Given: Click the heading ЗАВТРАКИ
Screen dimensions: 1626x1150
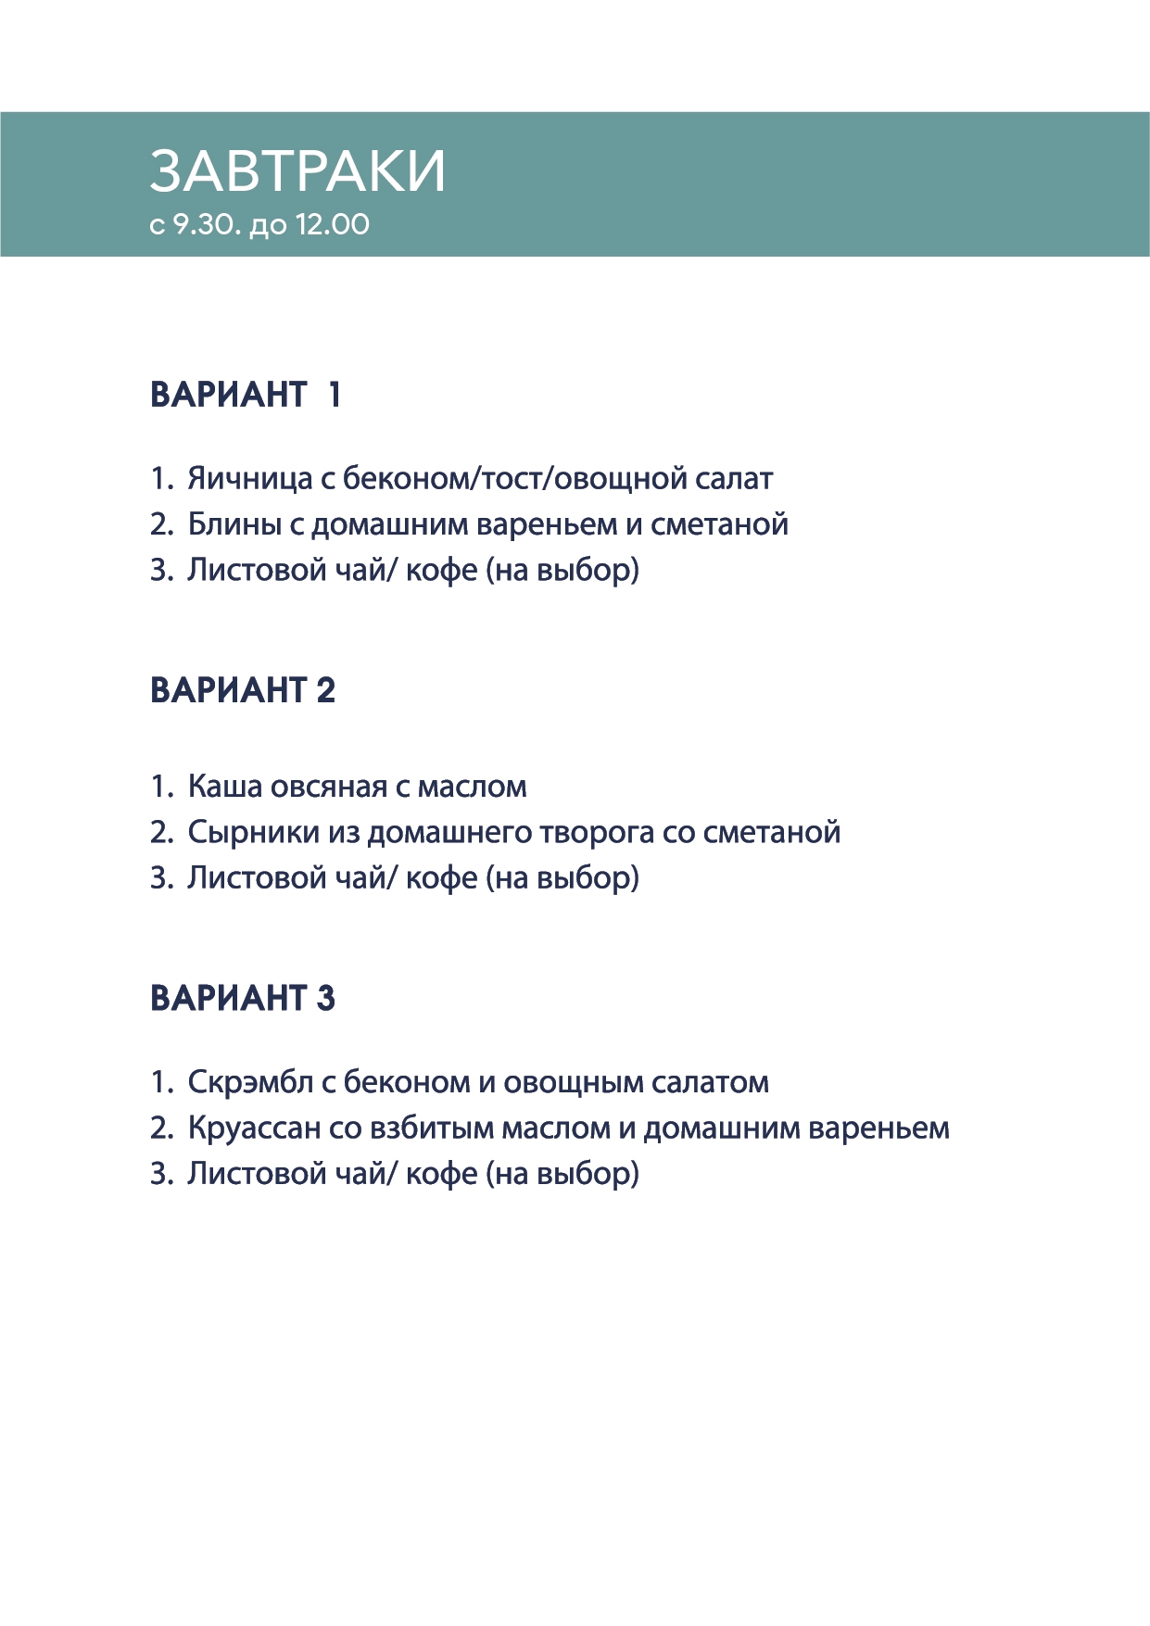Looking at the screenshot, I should (297, 171).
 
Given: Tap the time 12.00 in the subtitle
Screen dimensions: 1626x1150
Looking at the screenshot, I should (332, 225).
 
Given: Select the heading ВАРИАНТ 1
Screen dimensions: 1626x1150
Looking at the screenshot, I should (246, 395).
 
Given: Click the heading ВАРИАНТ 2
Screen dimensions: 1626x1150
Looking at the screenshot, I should (243, 690).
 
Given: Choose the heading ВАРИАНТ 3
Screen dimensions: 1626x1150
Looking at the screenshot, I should (243, 998).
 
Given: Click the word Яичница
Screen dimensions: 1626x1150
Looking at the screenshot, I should (250, 479).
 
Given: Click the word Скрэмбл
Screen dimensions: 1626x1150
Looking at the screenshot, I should (250, 1082).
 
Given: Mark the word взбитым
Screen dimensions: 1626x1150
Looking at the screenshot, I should (431, 1128).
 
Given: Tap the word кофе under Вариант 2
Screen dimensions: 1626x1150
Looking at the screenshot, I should (442, 878).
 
